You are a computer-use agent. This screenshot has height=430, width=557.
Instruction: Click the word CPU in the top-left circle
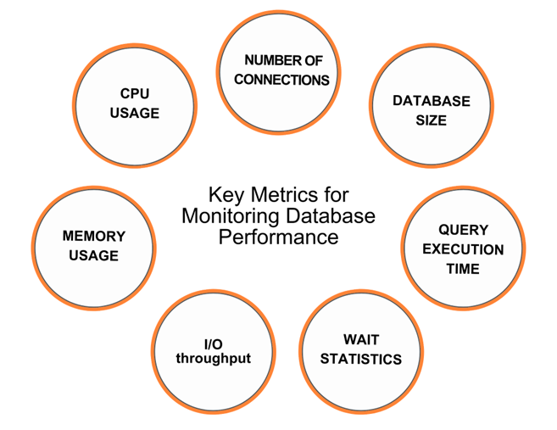135,92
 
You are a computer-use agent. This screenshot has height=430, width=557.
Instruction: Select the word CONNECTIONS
281,80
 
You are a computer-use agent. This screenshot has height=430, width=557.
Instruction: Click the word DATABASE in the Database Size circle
431,101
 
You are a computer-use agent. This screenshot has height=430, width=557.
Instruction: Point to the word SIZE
431,120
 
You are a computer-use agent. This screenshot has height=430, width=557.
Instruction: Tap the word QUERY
463,230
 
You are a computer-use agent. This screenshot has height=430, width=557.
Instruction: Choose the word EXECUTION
463,249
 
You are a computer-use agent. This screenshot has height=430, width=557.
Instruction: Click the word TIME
463,269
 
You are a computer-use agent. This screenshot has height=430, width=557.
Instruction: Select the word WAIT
361,340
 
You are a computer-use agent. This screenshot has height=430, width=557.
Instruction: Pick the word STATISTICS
361,360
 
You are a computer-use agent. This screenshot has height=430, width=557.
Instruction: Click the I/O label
213,343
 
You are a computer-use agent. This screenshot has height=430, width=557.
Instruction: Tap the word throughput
213,358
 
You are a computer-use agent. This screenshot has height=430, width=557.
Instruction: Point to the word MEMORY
93,237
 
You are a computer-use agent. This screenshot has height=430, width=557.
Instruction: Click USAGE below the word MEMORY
93,255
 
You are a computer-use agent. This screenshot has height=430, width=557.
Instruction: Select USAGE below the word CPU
135,112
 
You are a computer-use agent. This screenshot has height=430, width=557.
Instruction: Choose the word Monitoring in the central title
232,215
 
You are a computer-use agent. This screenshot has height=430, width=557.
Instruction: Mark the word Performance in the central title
278,236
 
